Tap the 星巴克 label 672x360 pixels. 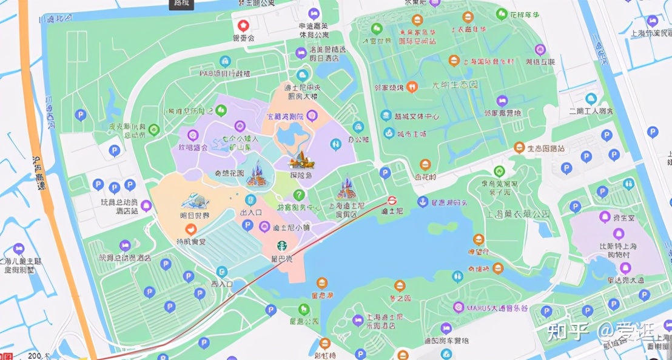(x=282, y=258)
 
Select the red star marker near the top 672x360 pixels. (x=243, y=25)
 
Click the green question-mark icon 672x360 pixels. (x=298, y=195)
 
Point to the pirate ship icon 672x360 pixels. (x=300, y=160)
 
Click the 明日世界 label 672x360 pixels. (x=194, y=215)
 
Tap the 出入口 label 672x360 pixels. (x=250, y=213)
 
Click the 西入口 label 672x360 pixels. (x=222, y=284)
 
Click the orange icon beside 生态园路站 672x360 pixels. (x=519, y=147)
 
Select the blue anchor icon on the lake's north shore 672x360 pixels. (x=422, y=202)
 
